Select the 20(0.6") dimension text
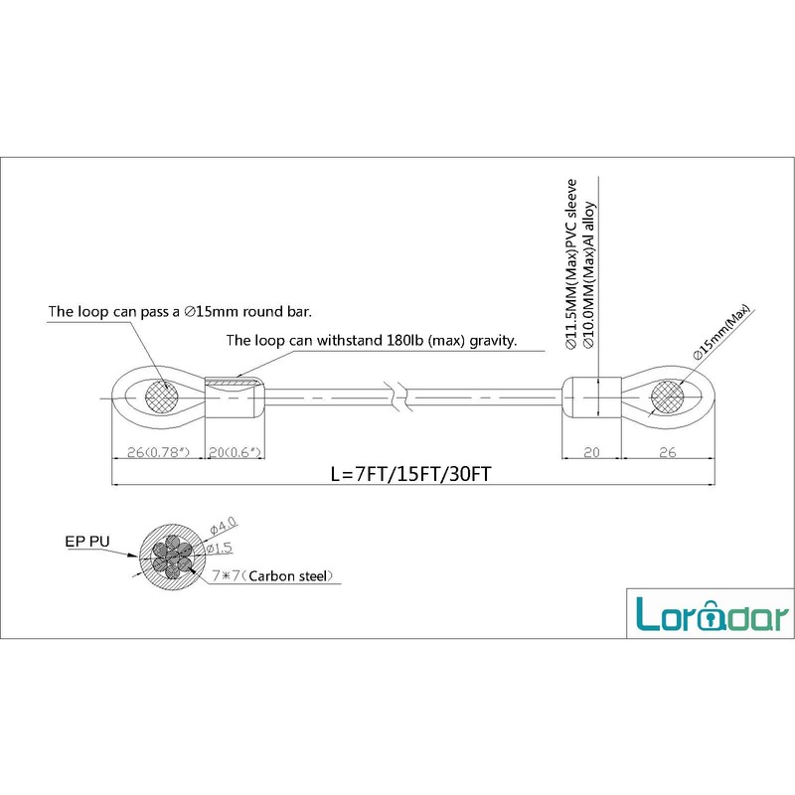pyautogui.click(x=237, y=453)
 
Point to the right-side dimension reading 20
pyautogui.click(x=592, y=453)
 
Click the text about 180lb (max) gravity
pyautogui.click(x=372, y=341)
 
